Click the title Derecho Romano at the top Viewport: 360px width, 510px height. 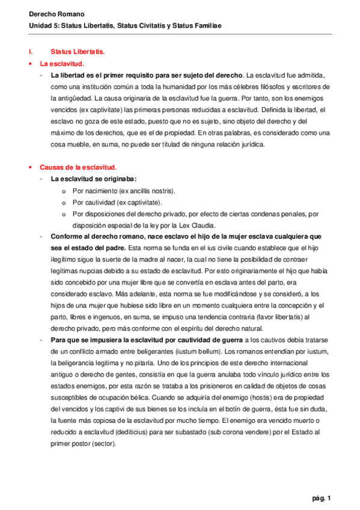[x=49, y=14]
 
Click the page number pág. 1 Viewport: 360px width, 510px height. [x=322, y=497]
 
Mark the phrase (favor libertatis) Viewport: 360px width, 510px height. [x=276, y=316]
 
